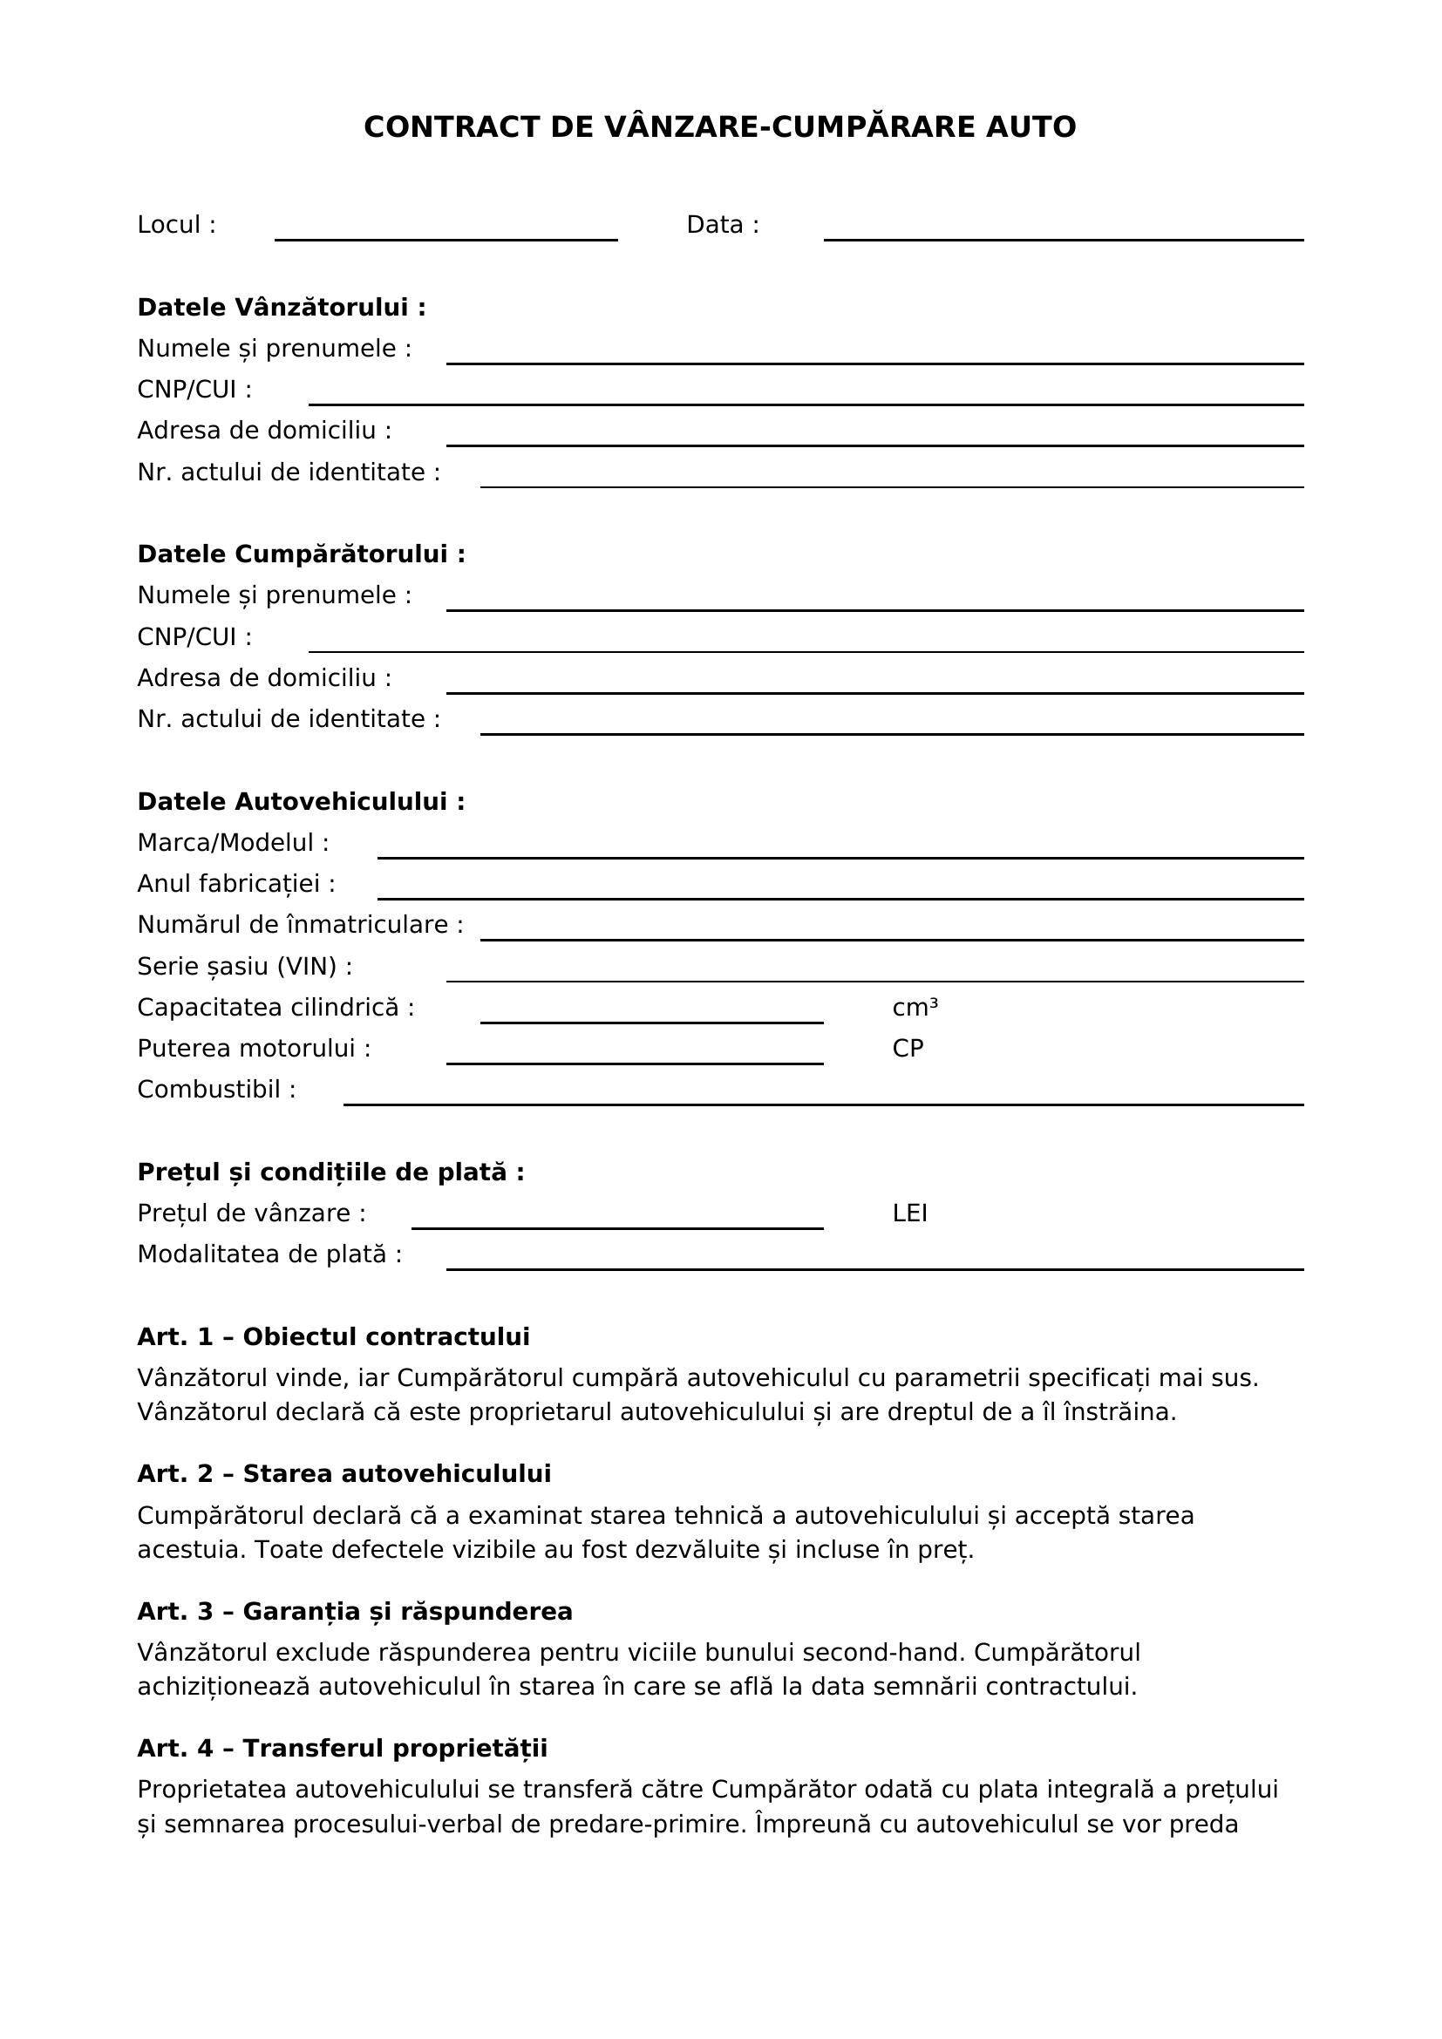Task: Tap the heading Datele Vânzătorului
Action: click(282, 307)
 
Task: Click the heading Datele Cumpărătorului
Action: click(301, 554)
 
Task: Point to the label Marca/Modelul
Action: click(233, 843)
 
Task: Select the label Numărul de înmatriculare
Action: click(300, 926)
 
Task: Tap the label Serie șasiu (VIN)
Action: click(244, 966)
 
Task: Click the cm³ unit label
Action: click(915, 1008)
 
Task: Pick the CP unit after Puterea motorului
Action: click(908, 1049)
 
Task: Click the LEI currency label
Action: click(909, 1213)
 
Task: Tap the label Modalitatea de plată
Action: click(269, 1254)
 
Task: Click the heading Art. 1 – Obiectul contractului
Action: click(333, 1336)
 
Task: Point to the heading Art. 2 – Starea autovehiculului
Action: click(343, 1473)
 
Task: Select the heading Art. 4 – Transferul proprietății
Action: click(342, 1749)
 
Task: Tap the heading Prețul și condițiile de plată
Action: click(330, 1172)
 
